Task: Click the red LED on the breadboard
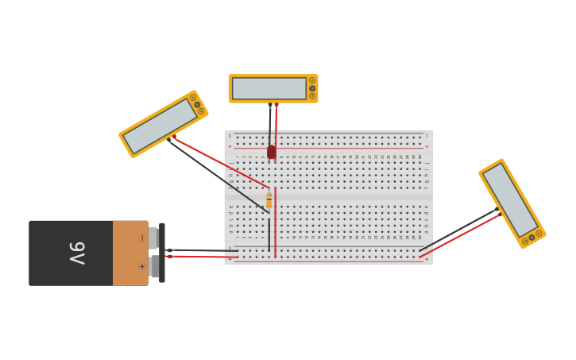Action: (272, 151)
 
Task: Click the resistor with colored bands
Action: (269, 200)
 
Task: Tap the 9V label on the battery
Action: (77, 254)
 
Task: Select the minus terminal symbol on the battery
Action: (141, 238)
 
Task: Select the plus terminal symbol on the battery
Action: (141, 267)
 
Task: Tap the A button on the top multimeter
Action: (312, 80)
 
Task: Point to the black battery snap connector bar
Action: (162, 253)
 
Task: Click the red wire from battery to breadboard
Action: (199, 257)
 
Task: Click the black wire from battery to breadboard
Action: (199, 250)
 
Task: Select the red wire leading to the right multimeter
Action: (461, 235)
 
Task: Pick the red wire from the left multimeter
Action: (222, 165)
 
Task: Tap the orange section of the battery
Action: (130, 253)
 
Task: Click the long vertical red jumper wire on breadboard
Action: (276, 223)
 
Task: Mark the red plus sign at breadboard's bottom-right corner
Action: (426, 258)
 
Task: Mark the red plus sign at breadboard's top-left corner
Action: (230, 146)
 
